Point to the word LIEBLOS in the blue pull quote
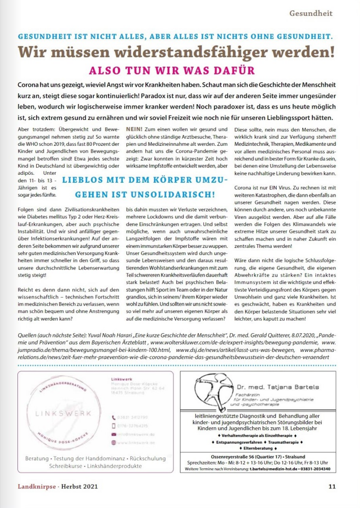(x=82, y=179)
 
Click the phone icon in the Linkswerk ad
(x=113, y=417)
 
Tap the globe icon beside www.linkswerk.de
(x=113, y=442)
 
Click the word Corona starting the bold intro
(x=30, y=86)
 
